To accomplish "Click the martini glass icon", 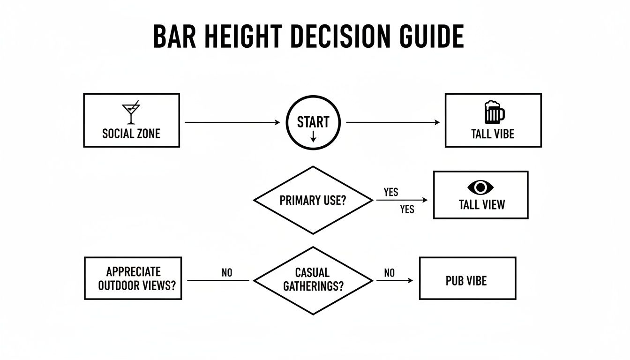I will tap(131, 113).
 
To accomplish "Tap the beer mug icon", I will tap(494, 112).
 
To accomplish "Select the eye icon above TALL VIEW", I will tap(480, 188).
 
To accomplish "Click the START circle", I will tap(313, 123).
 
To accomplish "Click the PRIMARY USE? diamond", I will tap(313, 200).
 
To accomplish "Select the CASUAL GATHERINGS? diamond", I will tap(313, 280).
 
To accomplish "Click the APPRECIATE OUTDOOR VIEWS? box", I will tap(133, 278).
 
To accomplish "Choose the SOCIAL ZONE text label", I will tap(131, 134).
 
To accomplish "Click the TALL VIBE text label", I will tap(493, 134).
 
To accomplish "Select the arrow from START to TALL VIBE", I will tap(393, 122).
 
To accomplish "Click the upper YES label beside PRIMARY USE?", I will tap(390, 192).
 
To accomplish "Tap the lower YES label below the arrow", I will tap(407, 210).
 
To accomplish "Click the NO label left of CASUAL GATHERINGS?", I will tap(226, 273).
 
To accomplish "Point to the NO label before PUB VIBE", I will tap(389, 273).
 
